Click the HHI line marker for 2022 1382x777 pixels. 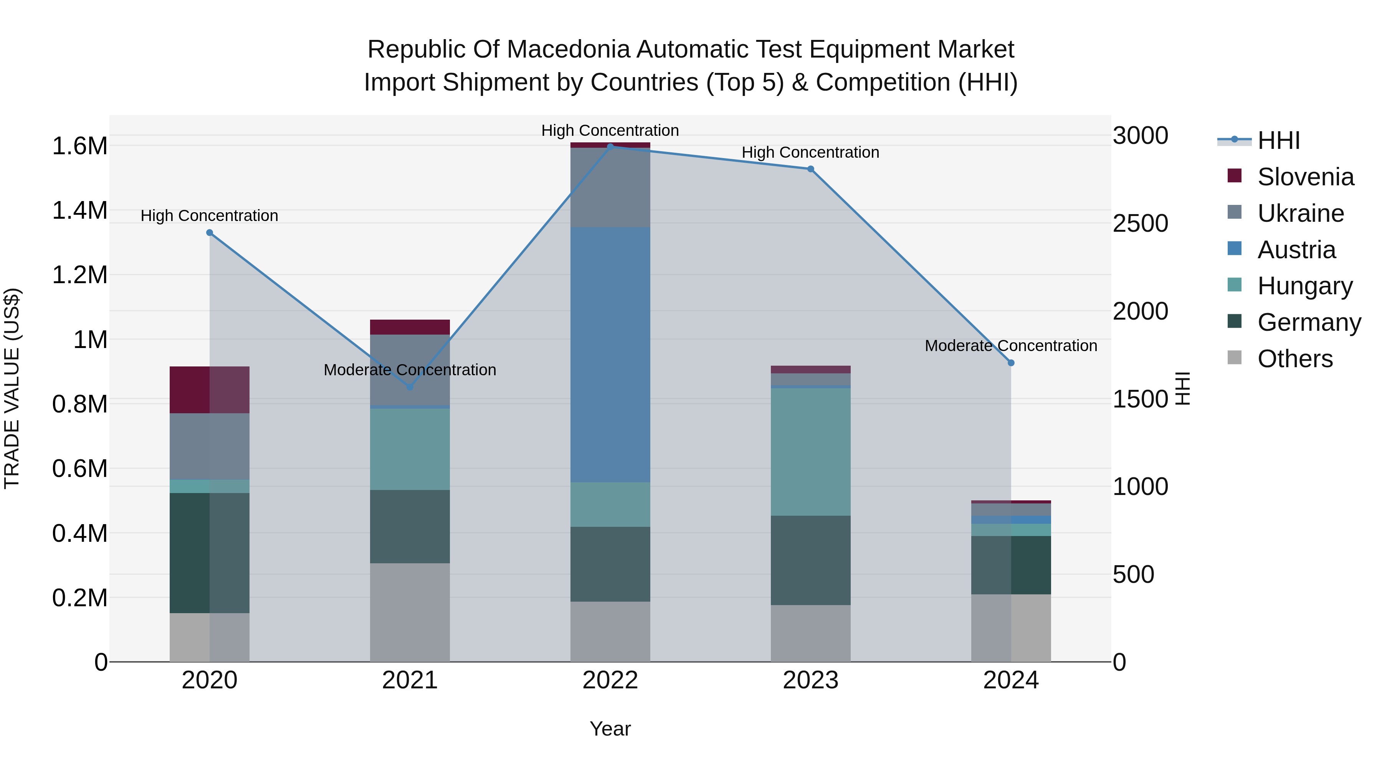(610, 147)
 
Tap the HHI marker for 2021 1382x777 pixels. (410, 387)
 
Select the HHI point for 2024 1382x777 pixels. (1011, 363)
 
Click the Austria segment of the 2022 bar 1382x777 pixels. (610, 354)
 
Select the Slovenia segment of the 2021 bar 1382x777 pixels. (410, 327)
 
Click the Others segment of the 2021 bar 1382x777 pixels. (410, 612)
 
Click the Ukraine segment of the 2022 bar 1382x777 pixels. (610, 188)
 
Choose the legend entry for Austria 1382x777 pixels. (1296, 250)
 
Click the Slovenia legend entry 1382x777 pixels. (1305, 177)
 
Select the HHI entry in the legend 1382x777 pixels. (1278, 140)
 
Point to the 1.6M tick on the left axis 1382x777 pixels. (79, 146)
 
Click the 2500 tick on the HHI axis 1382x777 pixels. (1140, 224)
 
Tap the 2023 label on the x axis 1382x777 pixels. (810, 680)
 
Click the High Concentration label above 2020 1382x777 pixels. (209, 216)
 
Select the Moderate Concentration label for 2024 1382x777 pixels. (1011, 346)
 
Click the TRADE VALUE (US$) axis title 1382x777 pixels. (12, 388)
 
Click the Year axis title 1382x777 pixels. (610, 729)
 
